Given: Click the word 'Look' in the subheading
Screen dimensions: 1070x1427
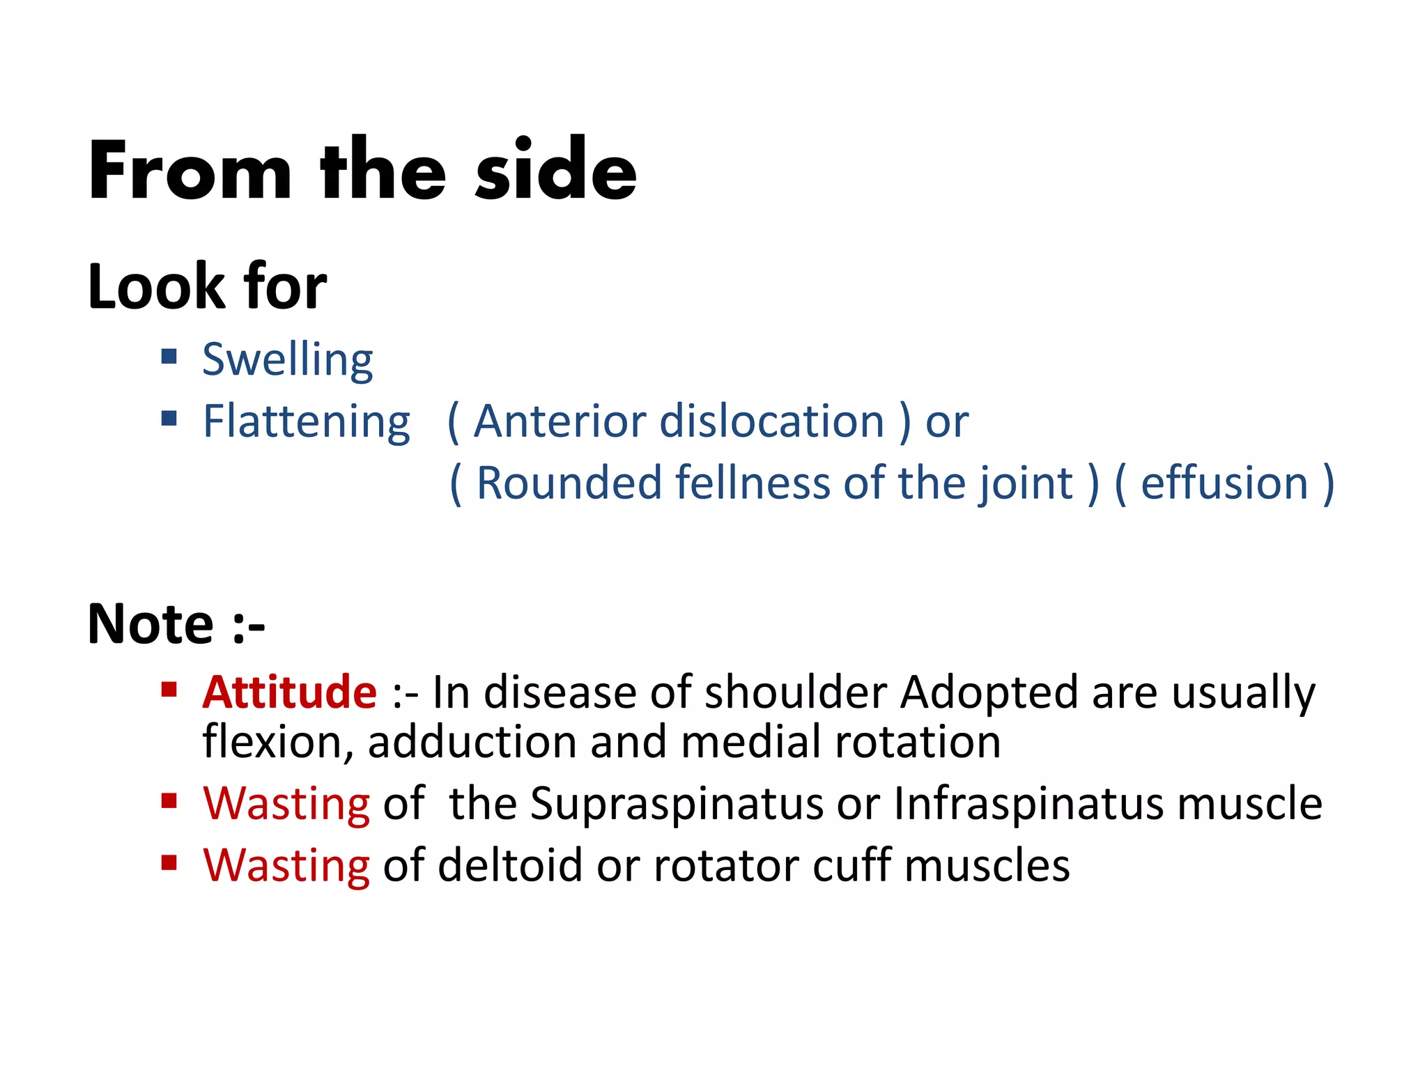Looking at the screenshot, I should coord(153,286).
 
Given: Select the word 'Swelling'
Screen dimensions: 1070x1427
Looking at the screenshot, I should coord(287,360).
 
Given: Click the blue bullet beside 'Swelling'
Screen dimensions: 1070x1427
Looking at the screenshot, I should coord(169,357).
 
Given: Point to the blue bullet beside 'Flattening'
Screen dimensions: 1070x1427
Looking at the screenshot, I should coord(169,418).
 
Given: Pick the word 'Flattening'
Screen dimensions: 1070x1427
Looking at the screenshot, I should coord(306,422).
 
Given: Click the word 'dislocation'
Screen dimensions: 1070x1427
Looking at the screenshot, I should coord(771,421).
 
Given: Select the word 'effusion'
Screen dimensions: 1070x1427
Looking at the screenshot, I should coord(1224,483).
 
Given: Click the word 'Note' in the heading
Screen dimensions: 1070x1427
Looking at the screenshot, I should coord(150,623).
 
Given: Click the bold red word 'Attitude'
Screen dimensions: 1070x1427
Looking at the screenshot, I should coord(289,692).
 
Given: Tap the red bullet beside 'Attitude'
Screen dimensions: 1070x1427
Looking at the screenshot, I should coord(169,690).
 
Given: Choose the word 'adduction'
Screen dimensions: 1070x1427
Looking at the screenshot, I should coord(472,741).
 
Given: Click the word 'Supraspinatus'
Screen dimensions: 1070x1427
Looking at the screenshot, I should coord(677,804).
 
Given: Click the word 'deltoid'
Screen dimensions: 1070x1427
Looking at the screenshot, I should coord(509,865).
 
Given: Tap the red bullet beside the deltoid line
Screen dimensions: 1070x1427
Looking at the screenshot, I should coord(169,863).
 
